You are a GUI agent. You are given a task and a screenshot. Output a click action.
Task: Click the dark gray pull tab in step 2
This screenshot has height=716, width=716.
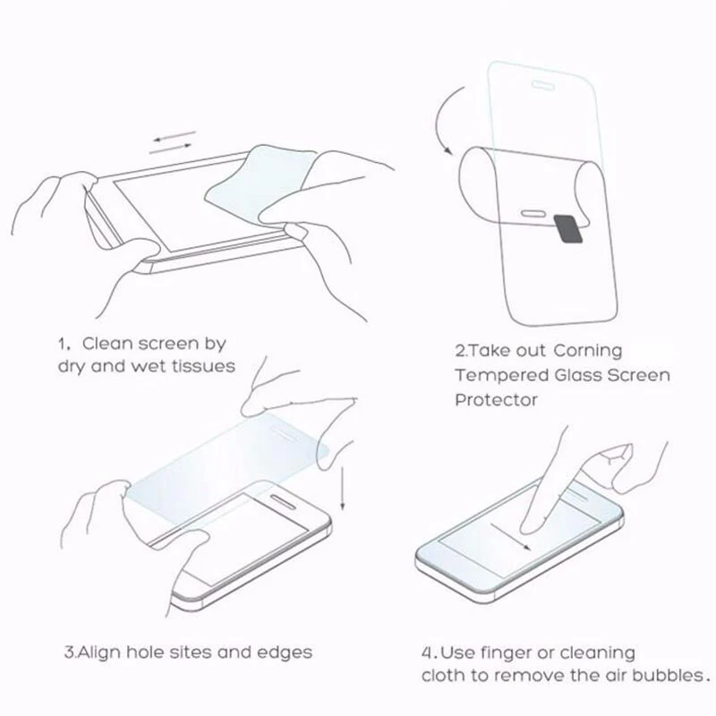(x=568, y=228)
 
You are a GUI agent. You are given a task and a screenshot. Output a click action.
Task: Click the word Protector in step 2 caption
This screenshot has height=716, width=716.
(x=496, y=400)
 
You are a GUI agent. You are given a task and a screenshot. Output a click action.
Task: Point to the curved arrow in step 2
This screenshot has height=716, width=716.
(x=439, y=120)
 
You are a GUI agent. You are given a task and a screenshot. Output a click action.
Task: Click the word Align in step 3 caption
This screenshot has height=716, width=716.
(x=98, y=652)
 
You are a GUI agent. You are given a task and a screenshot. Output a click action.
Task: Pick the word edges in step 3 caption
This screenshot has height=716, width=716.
(x=285, y=652)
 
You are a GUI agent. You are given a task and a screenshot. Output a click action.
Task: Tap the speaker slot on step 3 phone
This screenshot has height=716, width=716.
(x=284, y=500)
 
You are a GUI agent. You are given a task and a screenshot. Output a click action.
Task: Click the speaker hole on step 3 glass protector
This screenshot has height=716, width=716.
(x=285, y=433)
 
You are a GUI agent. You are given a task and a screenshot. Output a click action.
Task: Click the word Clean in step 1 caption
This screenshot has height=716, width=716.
(x=108, y=344)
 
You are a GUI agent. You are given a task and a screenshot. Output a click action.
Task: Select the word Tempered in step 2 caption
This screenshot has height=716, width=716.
(x=501, y=376)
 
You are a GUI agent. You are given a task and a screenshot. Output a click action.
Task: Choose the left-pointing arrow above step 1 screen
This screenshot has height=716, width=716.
(x=175, y=137)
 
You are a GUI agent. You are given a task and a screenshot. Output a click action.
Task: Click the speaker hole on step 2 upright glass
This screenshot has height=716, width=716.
(x=543, y=85)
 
